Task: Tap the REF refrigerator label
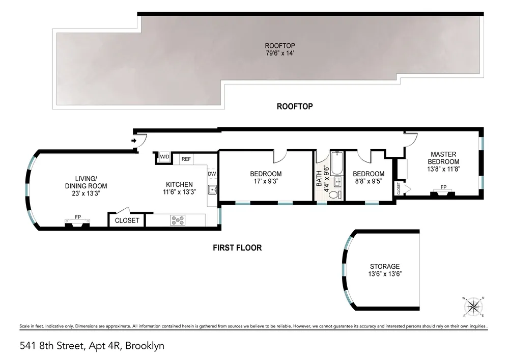tap(186, 159)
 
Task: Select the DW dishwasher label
tap(212, 174)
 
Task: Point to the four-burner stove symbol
tap(178, 220)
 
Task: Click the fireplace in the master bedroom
tap(443, 191)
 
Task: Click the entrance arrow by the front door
tap(134, 140)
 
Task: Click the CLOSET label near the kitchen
tap(127, 220)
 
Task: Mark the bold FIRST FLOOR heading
tap(237, 248)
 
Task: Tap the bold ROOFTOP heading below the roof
tap(294, 106)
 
